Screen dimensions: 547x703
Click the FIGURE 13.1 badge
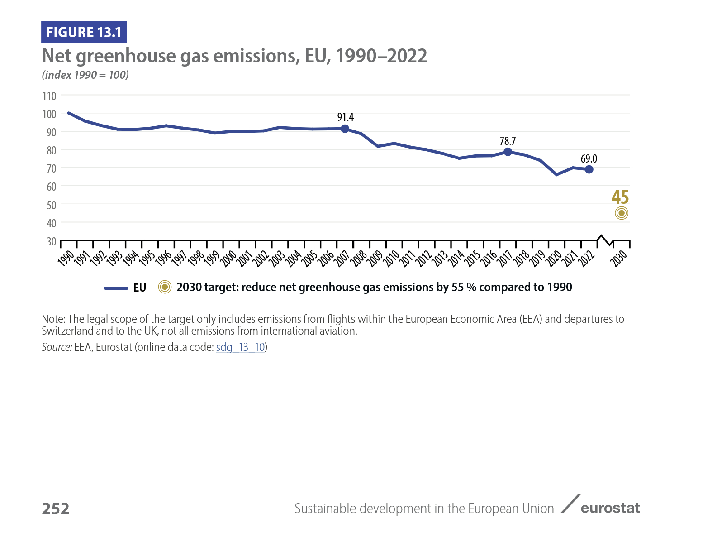(x=84, y=32)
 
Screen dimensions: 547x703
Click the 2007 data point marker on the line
(x=345, y=129)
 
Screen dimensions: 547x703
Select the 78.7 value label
(x=508, y=141)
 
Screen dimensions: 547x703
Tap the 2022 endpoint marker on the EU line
(x=589, y=169)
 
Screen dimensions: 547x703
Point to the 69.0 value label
(x=589, y=159)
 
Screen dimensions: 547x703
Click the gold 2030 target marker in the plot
(x=622, y=213)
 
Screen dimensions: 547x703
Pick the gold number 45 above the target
(x=620, y=197)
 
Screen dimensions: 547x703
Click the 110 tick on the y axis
(x=49, y=96)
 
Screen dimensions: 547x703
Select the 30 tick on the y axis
(x=52, y=241)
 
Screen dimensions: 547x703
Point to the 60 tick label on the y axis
(x=51, y=187)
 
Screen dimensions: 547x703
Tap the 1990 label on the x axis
(x=66, y=257)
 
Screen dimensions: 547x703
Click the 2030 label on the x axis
(x=619, y=257)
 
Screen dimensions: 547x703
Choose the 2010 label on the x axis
(x=392, y=257)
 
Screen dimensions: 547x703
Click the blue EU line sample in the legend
(x=116, y=288)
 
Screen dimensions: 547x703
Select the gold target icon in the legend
(x=165, y=287)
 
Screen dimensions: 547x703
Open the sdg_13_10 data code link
(x=240, y=347)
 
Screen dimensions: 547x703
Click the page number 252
(x=55, y=509)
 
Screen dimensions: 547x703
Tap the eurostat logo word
(x=610, y=508)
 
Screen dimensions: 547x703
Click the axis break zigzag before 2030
(x=605, y=240)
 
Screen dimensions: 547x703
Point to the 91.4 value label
(x=346, y=117)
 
